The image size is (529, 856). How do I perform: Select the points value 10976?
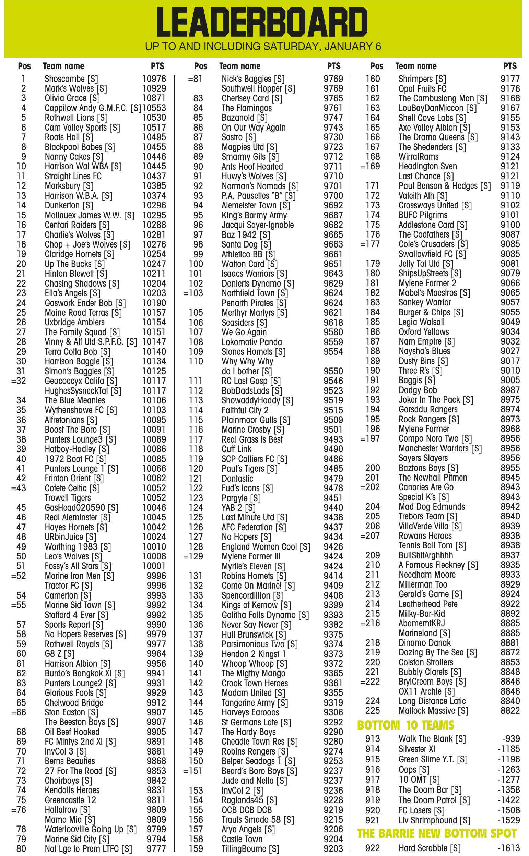154,79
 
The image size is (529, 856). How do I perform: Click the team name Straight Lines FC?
73,176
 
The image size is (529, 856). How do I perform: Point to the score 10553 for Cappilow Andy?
154,108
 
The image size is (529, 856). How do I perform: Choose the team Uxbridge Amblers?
74,322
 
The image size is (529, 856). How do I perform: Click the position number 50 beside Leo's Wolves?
21,556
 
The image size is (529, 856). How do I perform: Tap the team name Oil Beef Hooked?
72,732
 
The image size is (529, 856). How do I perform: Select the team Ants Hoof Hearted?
252,167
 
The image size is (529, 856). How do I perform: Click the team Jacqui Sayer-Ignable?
258,225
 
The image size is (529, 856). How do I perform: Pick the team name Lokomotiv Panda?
251,342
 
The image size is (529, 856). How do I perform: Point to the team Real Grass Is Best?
252,439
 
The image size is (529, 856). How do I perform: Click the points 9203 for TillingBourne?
333,849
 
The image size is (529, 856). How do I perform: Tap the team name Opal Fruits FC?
422,89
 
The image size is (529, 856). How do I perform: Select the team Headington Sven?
427,166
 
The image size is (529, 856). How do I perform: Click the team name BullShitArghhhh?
426,555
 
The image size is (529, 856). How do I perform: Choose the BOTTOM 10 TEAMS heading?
405,725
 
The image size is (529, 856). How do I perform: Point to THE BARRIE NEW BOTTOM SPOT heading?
437,834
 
